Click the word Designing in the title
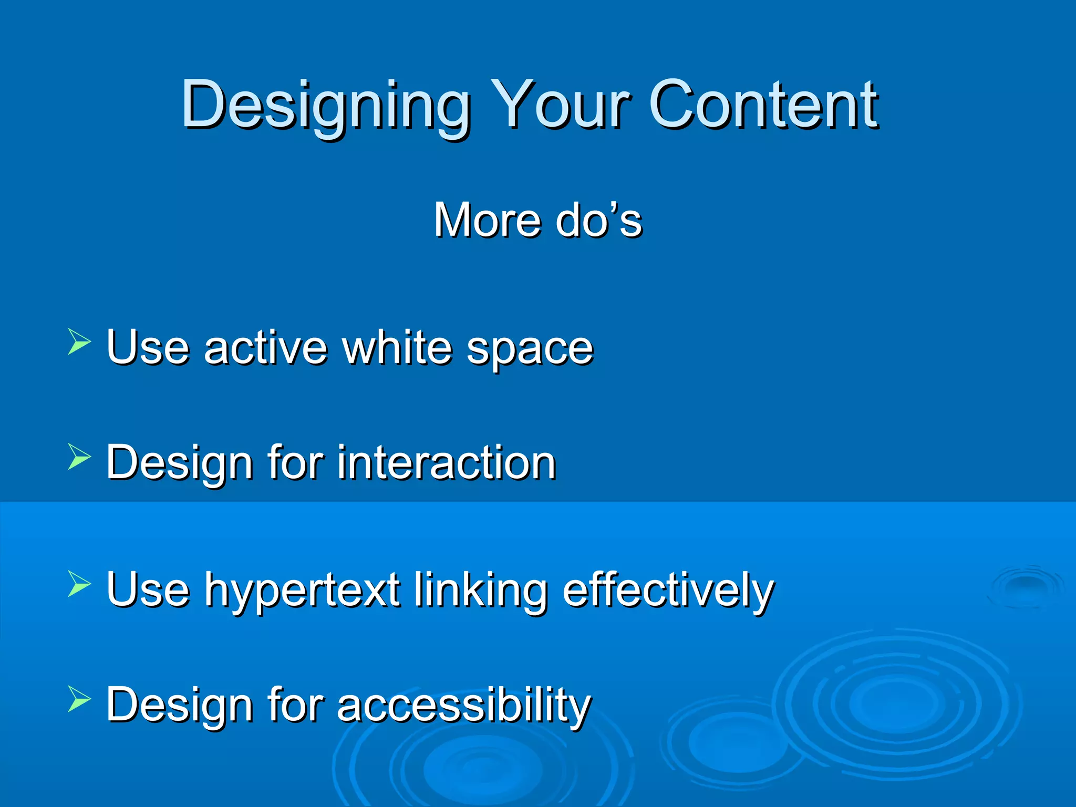[326, 105]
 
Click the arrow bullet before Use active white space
[79, 342]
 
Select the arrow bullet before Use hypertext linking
[79, 584]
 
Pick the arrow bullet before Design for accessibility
[79, 700]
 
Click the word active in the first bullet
[266, 347]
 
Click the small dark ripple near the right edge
[1026, 585]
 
